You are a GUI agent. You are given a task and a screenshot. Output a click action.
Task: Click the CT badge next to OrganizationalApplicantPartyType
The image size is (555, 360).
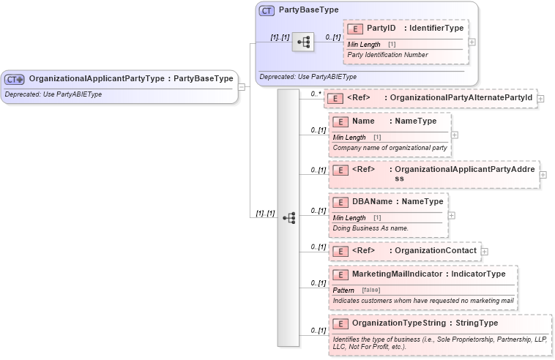coord(15,79)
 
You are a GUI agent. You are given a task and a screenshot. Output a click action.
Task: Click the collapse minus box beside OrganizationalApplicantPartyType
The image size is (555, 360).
coord(242,86)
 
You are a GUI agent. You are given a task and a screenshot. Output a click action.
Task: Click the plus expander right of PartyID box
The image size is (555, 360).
coord(472,42)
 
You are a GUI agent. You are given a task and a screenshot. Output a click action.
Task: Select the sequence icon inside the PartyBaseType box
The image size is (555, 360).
coord(302,42)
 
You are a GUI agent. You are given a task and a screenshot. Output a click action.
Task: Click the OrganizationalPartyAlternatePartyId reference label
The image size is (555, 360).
coord(461,98)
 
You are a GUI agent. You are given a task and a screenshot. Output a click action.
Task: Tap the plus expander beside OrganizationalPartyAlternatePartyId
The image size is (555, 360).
coord(540,98)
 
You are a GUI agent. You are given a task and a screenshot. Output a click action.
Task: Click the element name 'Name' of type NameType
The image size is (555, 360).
coord(363,121)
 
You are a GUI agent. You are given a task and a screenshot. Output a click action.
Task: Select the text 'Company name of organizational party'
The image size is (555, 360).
coord(390,147)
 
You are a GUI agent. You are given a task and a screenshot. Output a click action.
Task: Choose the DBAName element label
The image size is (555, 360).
coord(372,201)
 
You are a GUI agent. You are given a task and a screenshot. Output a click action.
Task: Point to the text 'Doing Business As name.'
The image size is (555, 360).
coord(370,228)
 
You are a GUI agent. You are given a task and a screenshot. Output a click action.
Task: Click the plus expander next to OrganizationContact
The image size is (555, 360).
coord(485,251)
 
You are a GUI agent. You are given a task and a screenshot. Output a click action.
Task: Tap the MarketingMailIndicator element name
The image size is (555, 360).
coord(397,274)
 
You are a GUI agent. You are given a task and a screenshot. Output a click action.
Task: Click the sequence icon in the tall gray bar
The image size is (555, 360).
coord(288,218)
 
